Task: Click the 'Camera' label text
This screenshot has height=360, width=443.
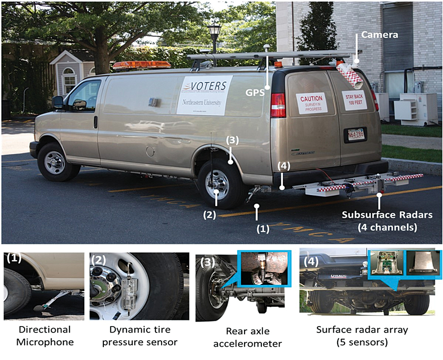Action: pyautogui.click(x=379, y=35)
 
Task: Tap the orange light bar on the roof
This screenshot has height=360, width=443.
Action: pyautogui.click(x=135, y=65)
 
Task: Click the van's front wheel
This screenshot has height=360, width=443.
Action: pyautogui.click(x=56, y=162)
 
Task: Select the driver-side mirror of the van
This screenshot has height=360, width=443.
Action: pyautogui.click(x=58, y=102)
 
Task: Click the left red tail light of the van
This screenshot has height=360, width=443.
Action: pyautogui.click(x=278, y=105)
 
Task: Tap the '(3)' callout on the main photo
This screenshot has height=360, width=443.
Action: pyautogui.click(x=232, y=140)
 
